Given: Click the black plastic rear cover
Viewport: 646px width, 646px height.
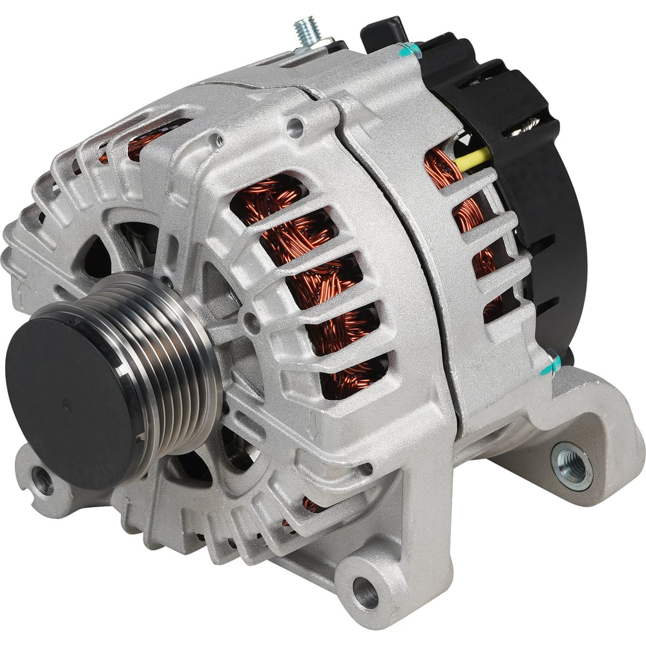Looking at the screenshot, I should tap(549, 213).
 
